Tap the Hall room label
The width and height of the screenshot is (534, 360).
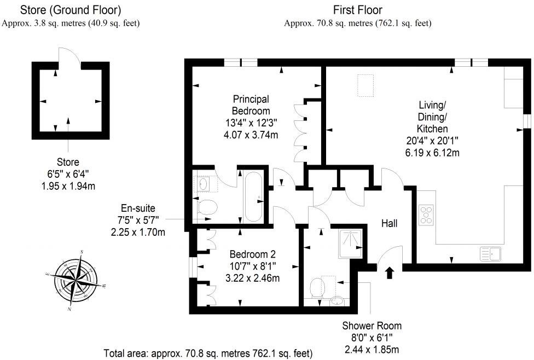[390, 223]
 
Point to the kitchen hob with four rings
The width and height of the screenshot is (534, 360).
[426, 215]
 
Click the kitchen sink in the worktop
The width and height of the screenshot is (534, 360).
[491, 254]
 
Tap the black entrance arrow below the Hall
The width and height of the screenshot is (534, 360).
[389, 272]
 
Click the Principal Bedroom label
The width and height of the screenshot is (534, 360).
[251, 105]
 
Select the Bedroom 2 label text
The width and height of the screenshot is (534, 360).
[252, 254]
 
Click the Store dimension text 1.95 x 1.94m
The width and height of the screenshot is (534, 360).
[68, 186]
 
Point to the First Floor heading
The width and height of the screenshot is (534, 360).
[357, 10]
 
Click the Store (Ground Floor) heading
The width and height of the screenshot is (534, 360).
[71, 10]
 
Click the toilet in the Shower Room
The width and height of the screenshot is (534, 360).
[317, 287]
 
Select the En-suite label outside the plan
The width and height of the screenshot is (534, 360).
[138, 208]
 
